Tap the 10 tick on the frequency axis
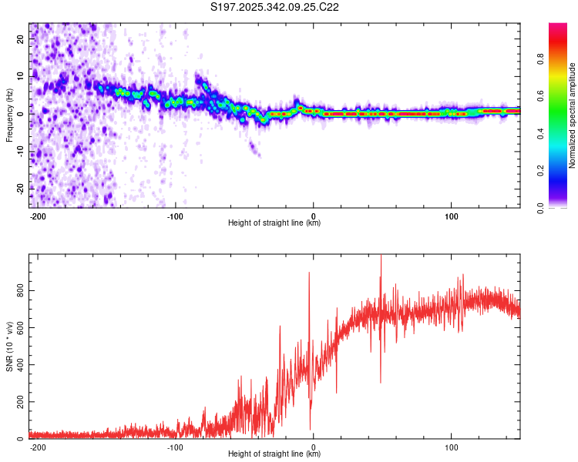tap(22, 76)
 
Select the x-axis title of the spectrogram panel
tap(274, 223)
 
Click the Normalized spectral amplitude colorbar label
tap(572, 115)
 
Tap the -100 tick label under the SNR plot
tap(175, 447)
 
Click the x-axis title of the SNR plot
tap(274, 454)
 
